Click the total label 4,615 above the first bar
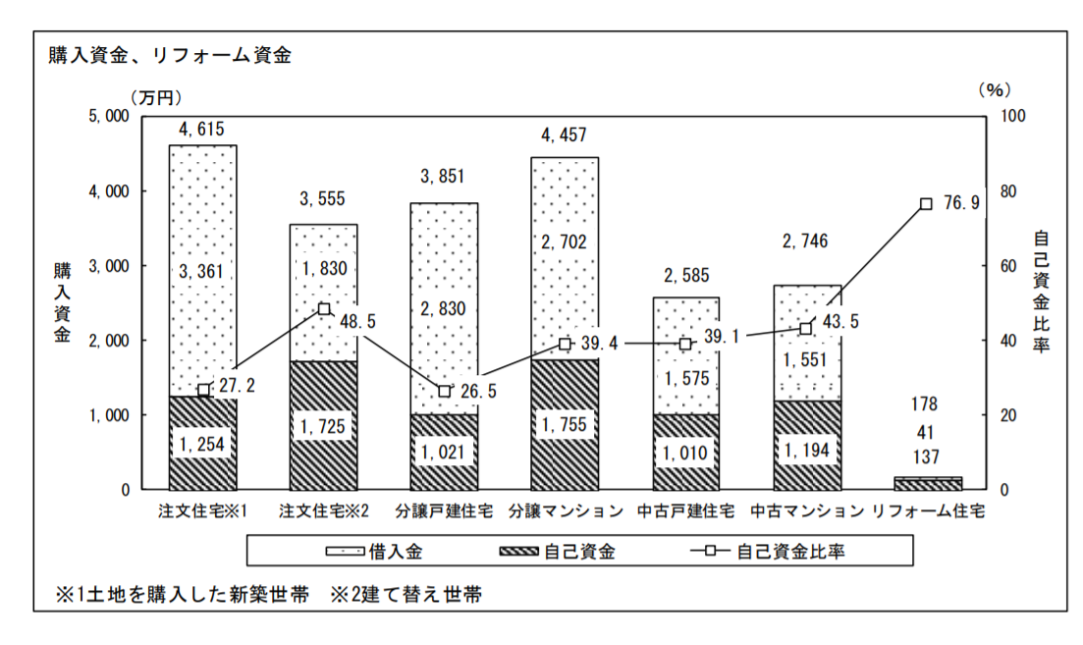[202, 129]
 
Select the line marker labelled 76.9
[926, 203]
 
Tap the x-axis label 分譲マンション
[566, 511]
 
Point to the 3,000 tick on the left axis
[109, 266]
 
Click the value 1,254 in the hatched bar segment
[202, 445]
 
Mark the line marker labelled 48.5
[324, 309]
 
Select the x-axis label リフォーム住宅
[928, 511]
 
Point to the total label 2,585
[685, 276]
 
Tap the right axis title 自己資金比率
[1042, 292]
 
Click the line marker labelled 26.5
[444, 391]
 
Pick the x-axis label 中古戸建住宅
[686, 511]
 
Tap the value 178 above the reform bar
[925, 404]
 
